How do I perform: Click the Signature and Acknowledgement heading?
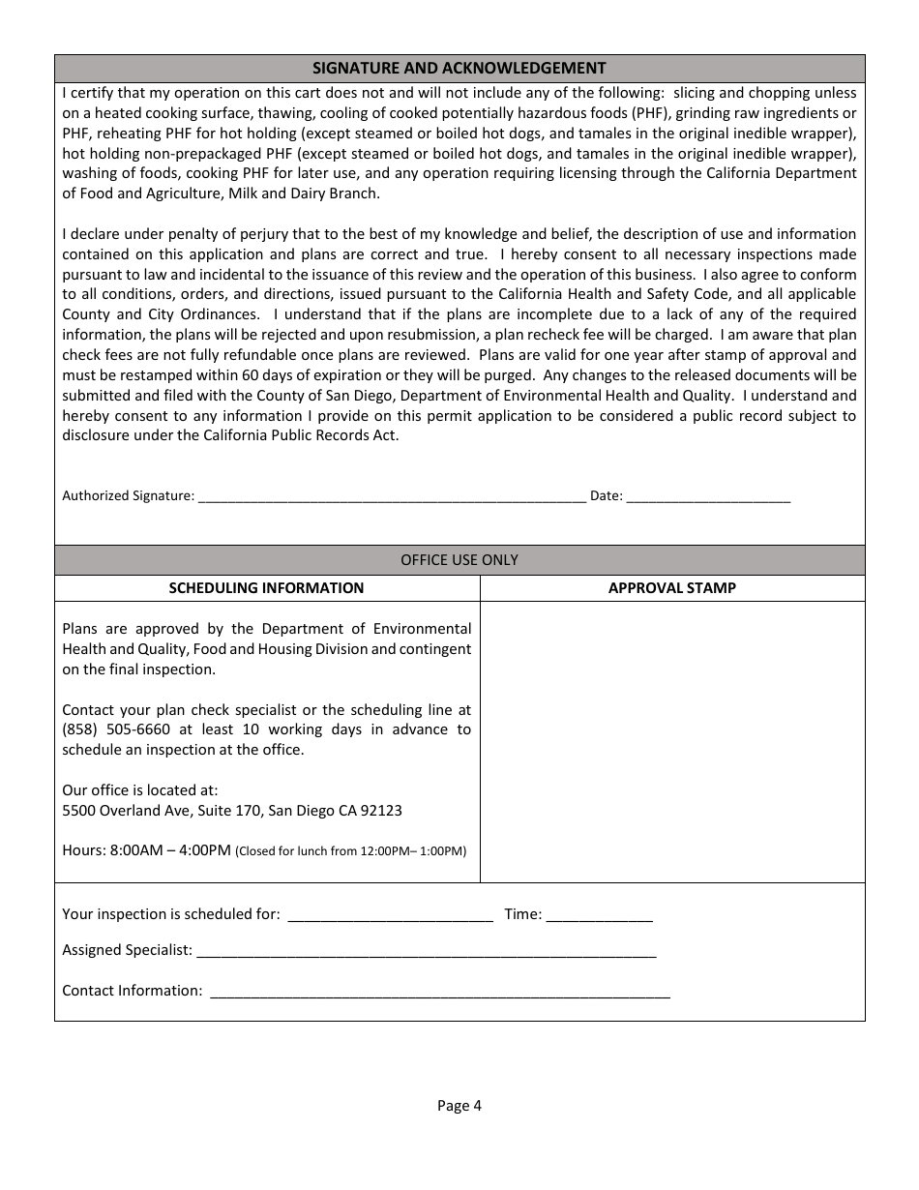coord(459,68)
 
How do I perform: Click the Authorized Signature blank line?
coord(391,496)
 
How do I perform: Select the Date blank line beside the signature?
coord(708,496)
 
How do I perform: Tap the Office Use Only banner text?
coord(459,560)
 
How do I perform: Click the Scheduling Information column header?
coord(267,588)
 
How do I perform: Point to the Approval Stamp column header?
coord(672,588)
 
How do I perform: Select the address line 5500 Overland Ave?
coord(232,811)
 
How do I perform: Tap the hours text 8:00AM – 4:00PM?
coord(170,850)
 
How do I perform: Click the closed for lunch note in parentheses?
coord(351,851)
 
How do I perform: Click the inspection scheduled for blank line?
coord(391,915)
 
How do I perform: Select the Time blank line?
coord(599,915)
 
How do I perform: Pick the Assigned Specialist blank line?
coord(426,952)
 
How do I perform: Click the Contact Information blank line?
coord(439,992)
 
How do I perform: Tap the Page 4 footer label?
coord(459,1106)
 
